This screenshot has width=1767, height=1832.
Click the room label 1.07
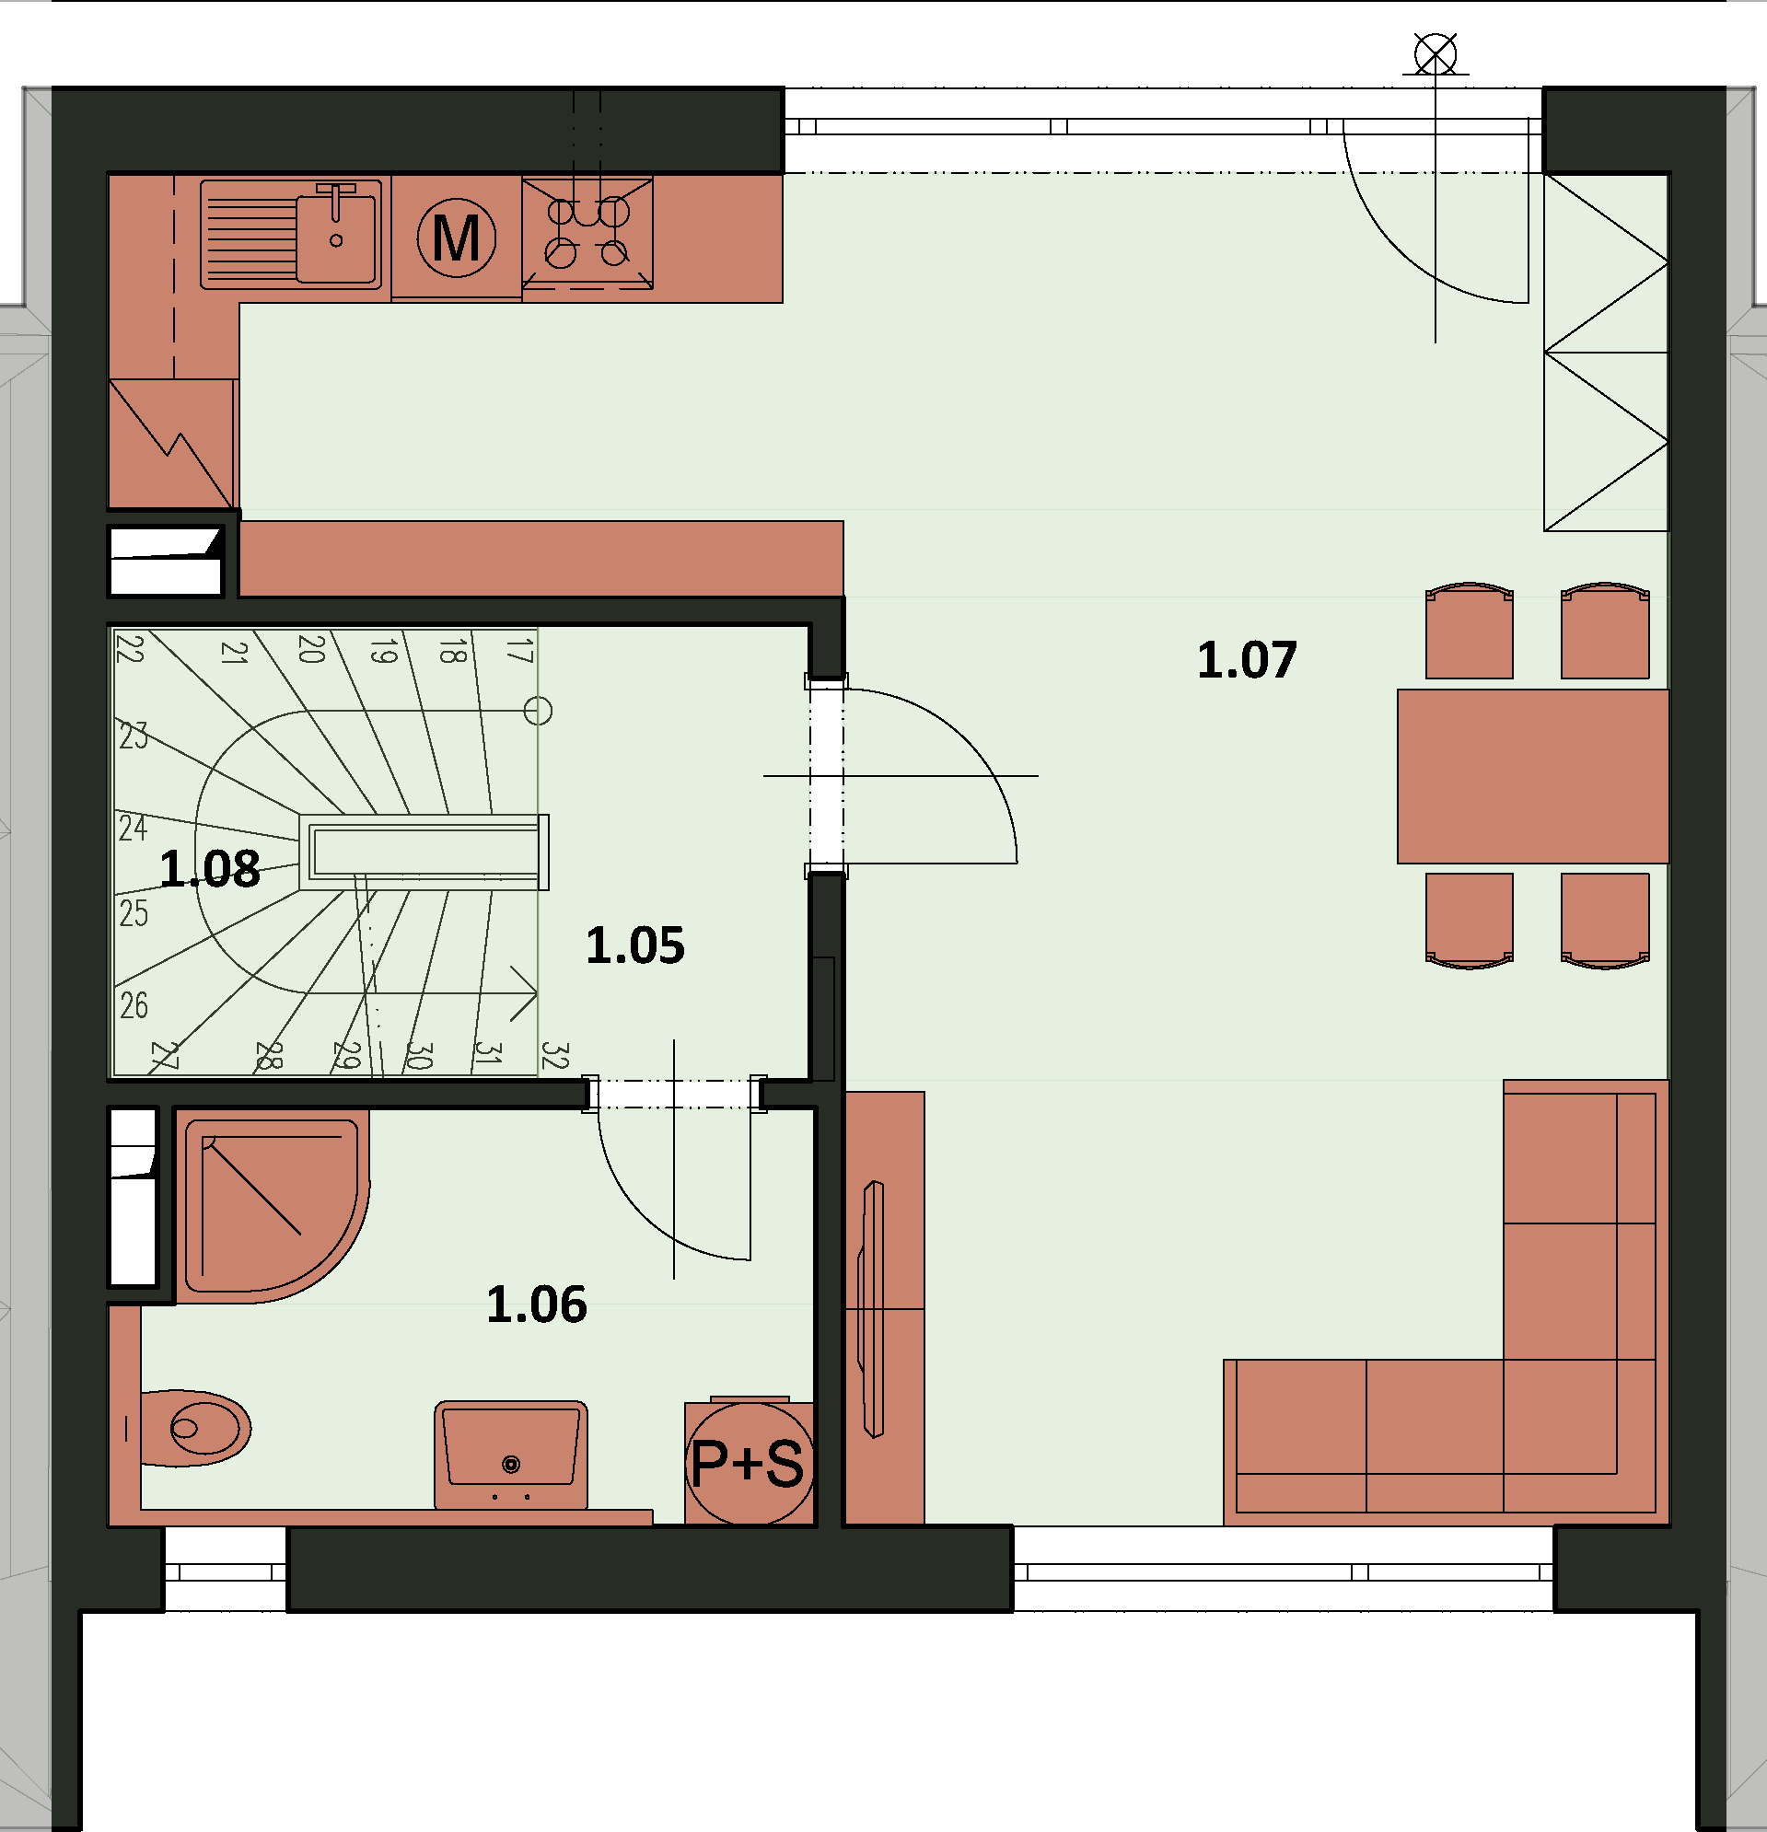point(1246,660)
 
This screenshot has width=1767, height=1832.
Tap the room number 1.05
point(634,945)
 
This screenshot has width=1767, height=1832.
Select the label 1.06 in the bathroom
point(537,1304)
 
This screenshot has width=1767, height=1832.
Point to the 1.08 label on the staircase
point(209,868)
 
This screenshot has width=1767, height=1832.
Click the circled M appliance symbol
point(456,238)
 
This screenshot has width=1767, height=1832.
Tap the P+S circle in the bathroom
point(748,1463)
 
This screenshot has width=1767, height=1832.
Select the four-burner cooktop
point(587,234)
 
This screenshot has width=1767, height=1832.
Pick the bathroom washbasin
point(510,1454)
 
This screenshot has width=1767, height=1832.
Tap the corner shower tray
point(271,1206)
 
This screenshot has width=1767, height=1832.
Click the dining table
point(1532,776)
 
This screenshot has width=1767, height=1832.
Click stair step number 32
point(554,1056)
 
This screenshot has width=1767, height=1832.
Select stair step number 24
point(133,829)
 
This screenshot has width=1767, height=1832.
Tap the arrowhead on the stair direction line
point(524,992)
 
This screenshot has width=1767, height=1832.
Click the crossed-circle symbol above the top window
point(1436,54)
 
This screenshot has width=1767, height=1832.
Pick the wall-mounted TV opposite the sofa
point(873,1308)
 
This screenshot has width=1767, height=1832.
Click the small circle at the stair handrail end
point(538,712)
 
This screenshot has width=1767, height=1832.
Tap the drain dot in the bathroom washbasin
point(510,1465)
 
